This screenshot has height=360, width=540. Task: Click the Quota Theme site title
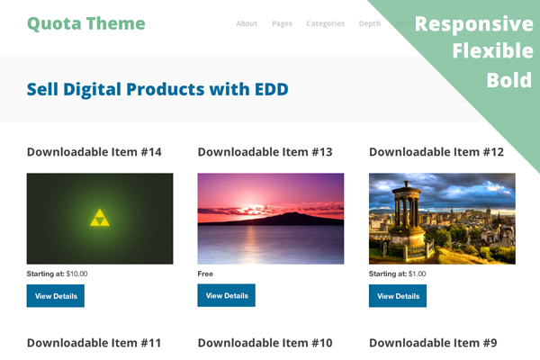point(86,23)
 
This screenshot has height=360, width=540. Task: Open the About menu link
point(247,23)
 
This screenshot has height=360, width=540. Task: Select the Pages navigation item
point(282,23)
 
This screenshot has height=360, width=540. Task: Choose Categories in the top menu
point(326,23)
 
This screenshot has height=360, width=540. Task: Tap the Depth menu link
point(370,23)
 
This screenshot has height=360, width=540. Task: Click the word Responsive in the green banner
point(474,24)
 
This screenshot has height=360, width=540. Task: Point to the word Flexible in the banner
point(493,50)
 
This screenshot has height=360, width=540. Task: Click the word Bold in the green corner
point(509,80)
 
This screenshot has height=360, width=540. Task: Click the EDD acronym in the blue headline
point(272,89)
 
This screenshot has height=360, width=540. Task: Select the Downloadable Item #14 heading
point(94,152)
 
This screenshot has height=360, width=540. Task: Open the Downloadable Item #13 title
point(265,152)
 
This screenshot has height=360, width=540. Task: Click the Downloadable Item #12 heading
point(436,152)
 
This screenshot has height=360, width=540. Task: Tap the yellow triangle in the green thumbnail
point(100,218)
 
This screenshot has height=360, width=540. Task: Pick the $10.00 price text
point(76,274)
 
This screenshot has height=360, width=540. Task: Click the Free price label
point(205,274)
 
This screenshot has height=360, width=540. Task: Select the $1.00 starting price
point(417,274)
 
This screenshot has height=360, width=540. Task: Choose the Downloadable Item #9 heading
point(433,343)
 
